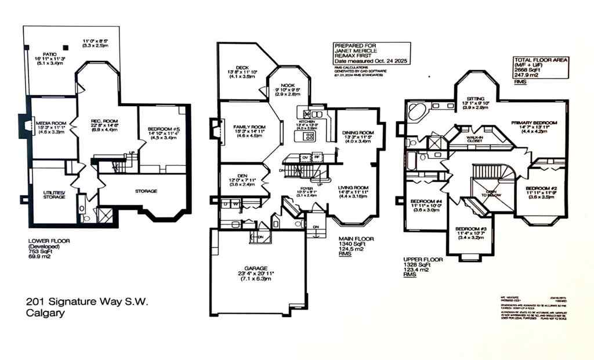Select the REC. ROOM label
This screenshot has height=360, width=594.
[95, 121]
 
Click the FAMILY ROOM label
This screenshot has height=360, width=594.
[249, 127]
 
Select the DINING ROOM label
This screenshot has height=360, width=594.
[358, 132]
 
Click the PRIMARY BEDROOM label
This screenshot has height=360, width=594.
[534, 123]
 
